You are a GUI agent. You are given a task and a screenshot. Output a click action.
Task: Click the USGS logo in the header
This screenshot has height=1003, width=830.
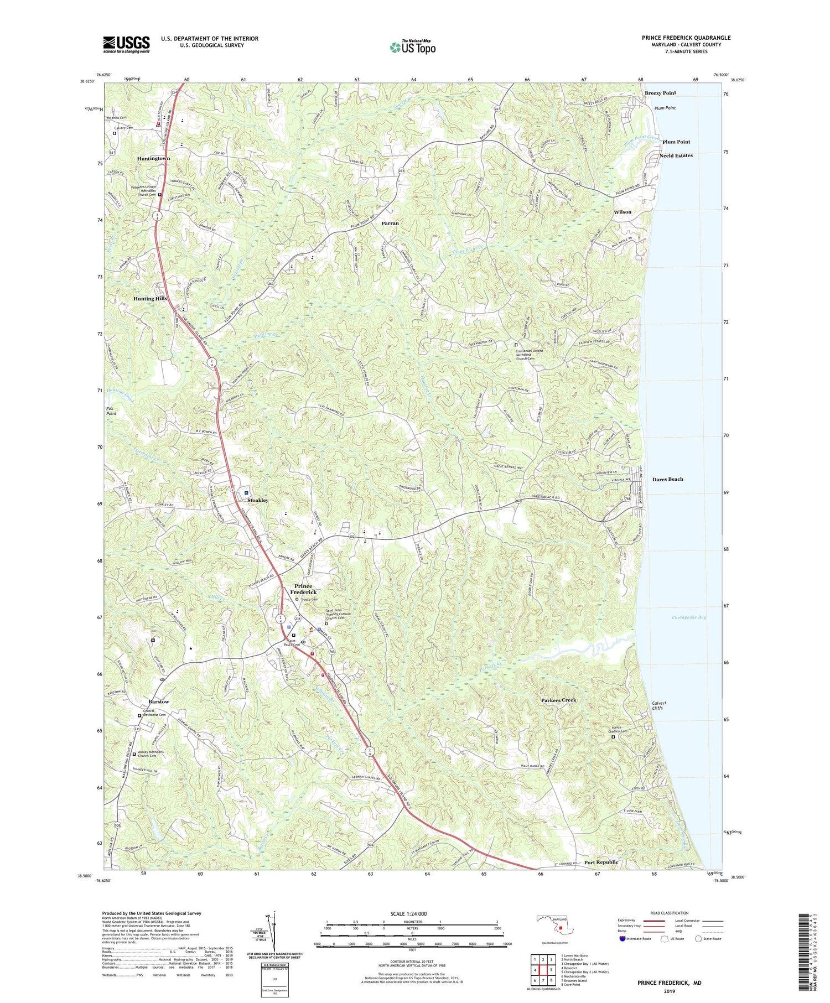[x=126, y=44]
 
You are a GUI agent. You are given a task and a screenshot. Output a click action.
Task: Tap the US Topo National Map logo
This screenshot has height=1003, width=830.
[x=412, y=47]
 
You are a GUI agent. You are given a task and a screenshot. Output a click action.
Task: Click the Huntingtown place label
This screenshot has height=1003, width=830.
[x=153, y=158]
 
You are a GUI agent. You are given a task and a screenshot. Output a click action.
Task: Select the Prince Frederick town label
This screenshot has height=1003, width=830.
[x=303, y=589]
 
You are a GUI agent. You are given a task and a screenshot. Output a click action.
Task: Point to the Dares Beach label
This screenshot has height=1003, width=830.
[x=667, y=479]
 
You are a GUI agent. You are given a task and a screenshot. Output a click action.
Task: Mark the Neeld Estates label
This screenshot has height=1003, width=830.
[x=676, y=155]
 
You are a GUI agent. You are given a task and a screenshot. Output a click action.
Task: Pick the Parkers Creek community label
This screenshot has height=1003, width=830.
[x=558, y=700]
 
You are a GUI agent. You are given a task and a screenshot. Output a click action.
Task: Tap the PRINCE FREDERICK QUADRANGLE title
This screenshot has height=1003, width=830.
[x=686, y=38]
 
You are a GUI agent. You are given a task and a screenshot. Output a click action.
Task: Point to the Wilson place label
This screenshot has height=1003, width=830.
[x=622, y=212]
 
